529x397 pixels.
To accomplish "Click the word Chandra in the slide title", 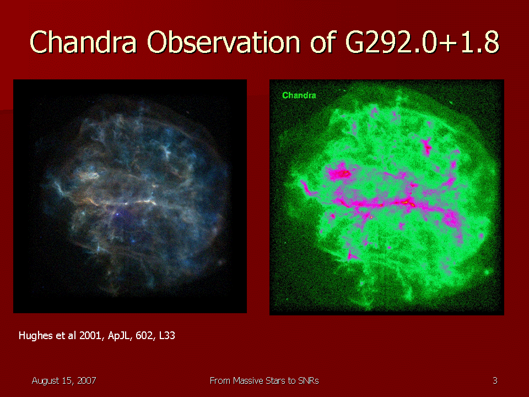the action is coord(83,42).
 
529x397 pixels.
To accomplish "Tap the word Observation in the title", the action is coord(223,42).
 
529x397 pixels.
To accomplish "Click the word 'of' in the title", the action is coord(322,42).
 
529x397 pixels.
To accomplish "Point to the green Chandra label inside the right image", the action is coord(299,95).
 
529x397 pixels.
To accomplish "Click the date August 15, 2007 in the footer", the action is coord(64,381).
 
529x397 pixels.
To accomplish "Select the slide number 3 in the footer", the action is coord(495,381).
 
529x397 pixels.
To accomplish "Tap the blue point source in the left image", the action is coord(117,214).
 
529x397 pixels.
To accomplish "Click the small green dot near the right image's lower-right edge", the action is coord(487,272).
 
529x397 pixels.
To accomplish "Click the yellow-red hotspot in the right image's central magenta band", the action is coord(407,202).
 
